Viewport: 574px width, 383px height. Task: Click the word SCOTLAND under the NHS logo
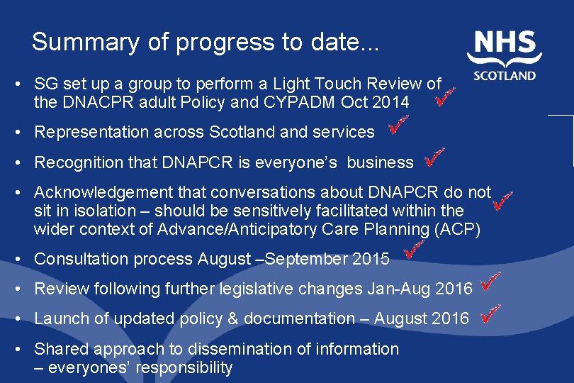pyautogui.click(x=504, y=75)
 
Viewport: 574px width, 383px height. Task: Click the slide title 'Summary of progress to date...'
pyautogui.click(x=206, y=42)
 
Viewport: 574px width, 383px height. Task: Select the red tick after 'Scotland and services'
pyautogui.click(x=398, y=127)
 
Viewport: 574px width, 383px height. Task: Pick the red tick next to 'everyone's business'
pyautogui.click(x=434, y=157)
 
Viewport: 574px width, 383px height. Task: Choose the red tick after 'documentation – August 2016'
pyautogui.click(x=490, y=312)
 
